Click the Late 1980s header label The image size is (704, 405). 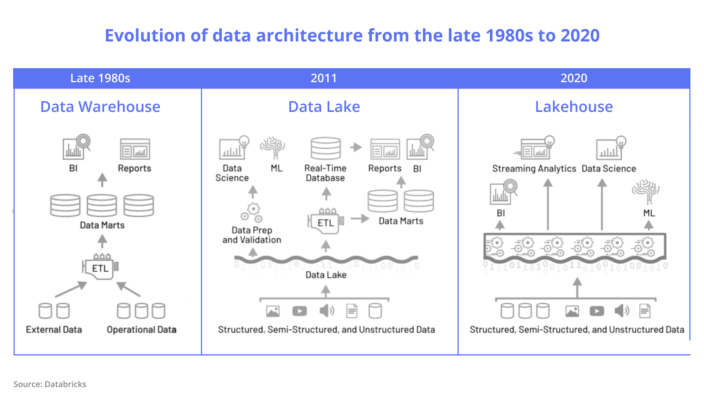(x=100, y=78)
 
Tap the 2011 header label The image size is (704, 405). (x=323, y=78)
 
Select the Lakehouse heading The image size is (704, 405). (x=574, y=107)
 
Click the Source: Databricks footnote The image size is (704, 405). (x=50, y=384)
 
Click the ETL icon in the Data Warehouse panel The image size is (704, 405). (x=100, y=267)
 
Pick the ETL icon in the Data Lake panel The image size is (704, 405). (x=326, y=221)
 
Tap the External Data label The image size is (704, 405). (x=54, y=330)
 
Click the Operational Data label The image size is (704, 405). (x=141, y=330)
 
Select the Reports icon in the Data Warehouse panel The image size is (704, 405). (x=135, y=149)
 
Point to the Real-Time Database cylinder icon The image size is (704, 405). (x=326, y=148)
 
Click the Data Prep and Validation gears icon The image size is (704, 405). (x=252, y=212)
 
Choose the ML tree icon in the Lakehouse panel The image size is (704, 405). (x=645, y=191)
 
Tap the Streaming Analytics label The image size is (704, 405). (x=534, y=169)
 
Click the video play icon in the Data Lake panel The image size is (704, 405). (x=300, y=311)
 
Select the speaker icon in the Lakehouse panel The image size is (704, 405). (x=622, y=311)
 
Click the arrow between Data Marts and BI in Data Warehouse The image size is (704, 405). (x=102, y=180)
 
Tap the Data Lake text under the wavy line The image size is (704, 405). (x=326, y=275)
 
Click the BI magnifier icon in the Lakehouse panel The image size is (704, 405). (x=503, y=192)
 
